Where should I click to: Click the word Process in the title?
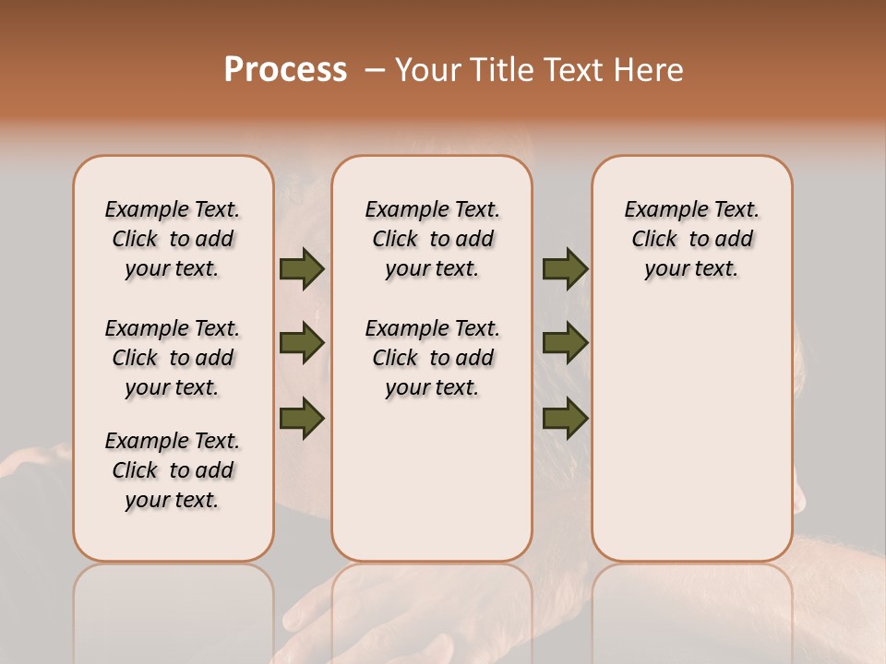pyautogui.click(x=285, y=69)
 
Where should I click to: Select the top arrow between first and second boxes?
pyautogui.click(x=302, y=268)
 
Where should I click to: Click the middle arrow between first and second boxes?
pyautogui.click(x=302, y=343)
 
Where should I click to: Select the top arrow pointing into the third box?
pyautogui.click(x=565, y=268)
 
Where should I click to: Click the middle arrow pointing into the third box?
pyautogui.click(x=565, y=343)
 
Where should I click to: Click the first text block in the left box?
pyautogui.click(x=173, y=239)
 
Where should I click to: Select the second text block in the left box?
pyautogui.click(x=173, y=358)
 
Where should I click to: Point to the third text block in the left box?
pyautogui.click(x=173, y=470)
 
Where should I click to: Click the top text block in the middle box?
pyautogui.click(x=432, y=239)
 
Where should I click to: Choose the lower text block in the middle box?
pyautogui.click(x=432, y=358)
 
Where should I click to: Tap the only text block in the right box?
pyautogui.click(x=691, y=239)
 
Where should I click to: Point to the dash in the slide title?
pyautogui.click(x=374, y=71)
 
